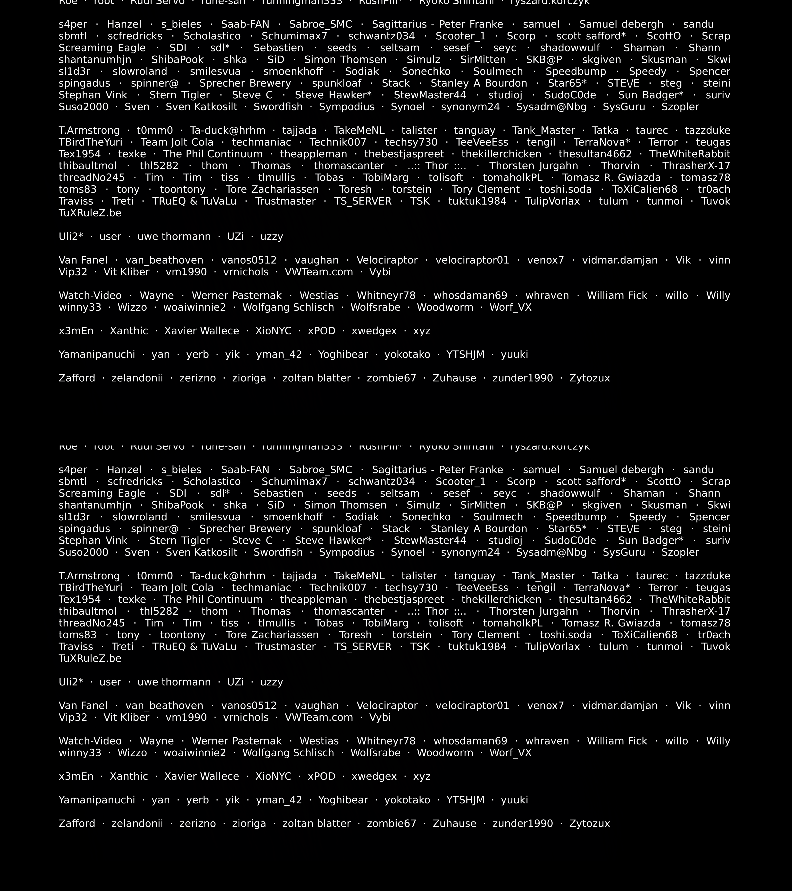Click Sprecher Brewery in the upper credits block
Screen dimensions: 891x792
[x=245, y=83]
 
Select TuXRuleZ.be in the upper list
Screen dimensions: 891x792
[x=90, y=213]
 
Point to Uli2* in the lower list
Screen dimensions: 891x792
[x=71, y=682]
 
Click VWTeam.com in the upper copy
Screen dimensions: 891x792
[x=319, y=272]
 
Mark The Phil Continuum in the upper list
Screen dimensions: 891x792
[x=213, y=154]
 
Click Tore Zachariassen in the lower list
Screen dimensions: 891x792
[x=272, y=635]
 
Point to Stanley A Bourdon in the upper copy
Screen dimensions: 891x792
[x=479, y=83]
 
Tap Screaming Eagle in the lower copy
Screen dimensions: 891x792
[x=102, y=493]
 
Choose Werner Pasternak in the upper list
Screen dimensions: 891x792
[x=237, y=296]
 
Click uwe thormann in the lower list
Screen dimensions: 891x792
[x=174, y=682]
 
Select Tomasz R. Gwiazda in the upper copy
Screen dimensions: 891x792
[x=611, y=178]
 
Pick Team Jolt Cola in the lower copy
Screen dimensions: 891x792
[x=177, y=588]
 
